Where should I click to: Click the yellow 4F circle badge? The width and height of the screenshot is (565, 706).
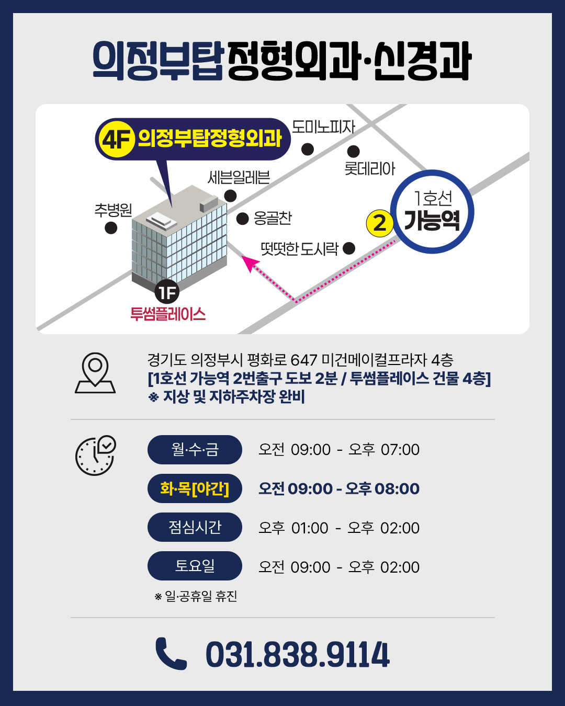click(117, 139)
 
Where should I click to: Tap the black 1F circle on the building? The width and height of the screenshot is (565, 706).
click(167, 292)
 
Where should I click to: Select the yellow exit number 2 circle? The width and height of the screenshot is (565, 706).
click(380, 223)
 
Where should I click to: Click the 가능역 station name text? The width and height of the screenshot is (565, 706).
click(432, 220)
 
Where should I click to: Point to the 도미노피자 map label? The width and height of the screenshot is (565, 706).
click(323, 127)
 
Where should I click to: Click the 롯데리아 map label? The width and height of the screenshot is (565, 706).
click(370, 168)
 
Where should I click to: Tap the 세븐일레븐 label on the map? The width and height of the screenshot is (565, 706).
click(239, 177)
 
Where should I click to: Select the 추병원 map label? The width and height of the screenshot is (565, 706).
click(114, 210)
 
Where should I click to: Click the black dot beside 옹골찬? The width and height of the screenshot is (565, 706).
click(242, 219)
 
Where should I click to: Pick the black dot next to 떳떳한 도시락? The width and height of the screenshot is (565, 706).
click(348, 248)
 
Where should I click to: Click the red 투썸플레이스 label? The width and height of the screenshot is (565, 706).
click(168, 314)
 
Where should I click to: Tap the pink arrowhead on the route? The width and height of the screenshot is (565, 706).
click(250, 263)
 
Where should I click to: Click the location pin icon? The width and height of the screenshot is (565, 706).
click(95, 373)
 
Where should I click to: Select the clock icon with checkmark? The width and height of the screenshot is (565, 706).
click(96, 456)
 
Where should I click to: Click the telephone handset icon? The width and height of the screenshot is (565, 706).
click(171, 654)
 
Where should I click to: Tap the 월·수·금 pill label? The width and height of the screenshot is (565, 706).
click(195, 449)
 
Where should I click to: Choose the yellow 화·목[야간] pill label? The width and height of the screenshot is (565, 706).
click(195, 488)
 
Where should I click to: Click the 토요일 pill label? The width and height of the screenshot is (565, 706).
click(195, 566)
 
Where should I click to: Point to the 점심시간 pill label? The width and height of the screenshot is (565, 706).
click(195, 527)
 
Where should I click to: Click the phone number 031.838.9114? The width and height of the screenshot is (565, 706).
click(298, 655)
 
